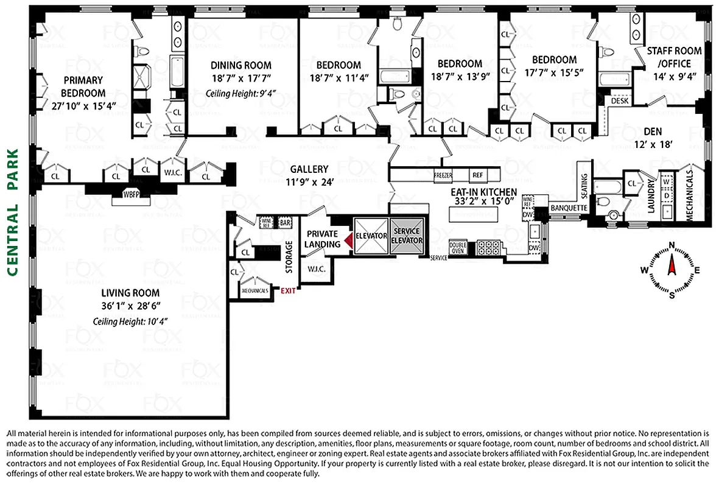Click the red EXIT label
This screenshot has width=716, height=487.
288,290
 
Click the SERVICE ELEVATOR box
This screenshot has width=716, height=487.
407,236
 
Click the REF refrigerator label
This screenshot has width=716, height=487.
477,175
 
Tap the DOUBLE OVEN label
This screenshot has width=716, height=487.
457,247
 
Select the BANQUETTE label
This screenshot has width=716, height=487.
568,208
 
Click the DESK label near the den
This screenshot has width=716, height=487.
620,100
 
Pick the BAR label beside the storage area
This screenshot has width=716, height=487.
285,222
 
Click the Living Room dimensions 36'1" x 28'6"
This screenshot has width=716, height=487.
130,306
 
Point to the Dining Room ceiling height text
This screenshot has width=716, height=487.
240,93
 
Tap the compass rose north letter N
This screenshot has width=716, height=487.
672,245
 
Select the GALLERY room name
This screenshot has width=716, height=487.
309,169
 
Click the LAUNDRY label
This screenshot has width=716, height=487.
651,198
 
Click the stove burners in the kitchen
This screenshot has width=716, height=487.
487,247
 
